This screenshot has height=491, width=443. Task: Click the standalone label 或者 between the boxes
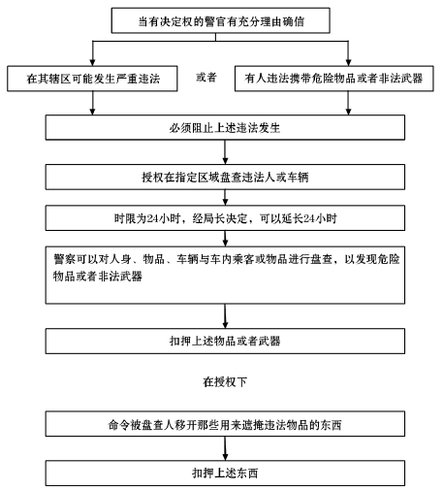tap(206, 78)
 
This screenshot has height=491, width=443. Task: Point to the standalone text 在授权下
tap(225, 382)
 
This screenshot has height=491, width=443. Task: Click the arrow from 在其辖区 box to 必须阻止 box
tap(92, 103)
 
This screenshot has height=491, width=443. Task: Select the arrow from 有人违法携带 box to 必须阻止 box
tap(348, 103)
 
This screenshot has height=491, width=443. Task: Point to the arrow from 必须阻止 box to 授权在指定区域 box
tap(225, 152)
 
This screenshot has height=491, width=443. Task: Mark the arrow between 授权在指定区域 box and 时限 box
tap(225, 197)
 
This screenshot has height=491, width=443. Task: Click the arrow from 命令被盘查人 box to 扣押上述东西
tap(225, 448)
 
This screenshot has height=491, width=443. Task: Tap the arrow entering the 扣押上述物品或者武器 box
tap(225, 316)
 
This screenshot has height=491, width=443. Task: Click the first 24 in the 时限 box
tap(152, 218)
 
